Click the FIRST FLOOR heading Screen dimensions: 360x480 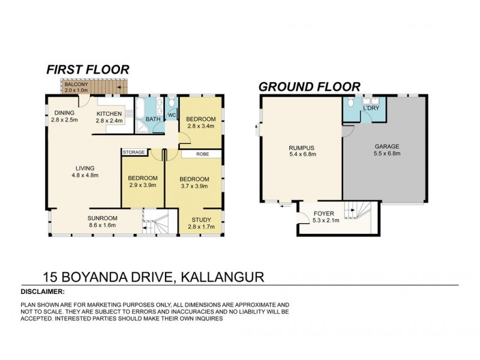click(88, 70)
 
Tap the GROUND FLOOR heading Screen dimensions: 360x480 click(309, 86)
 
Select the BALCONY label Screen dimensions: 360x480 click(76, 85)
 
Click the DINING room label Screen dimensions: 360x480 click(65, 113)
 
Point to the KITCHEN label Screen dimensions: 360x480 click(109, 113)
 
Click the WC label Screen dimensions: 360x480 click(171, 115)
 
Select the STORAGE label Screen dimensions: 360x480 click(134, 152)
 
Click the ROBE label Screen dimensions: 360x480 click(201, 154)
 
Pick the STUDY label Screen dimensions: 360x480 click(200, 220)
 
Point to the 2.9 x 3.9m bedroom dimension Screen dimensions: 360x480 click(143, 185)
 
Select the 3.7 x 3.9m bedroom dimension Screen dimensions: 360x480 click(194, 187)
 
